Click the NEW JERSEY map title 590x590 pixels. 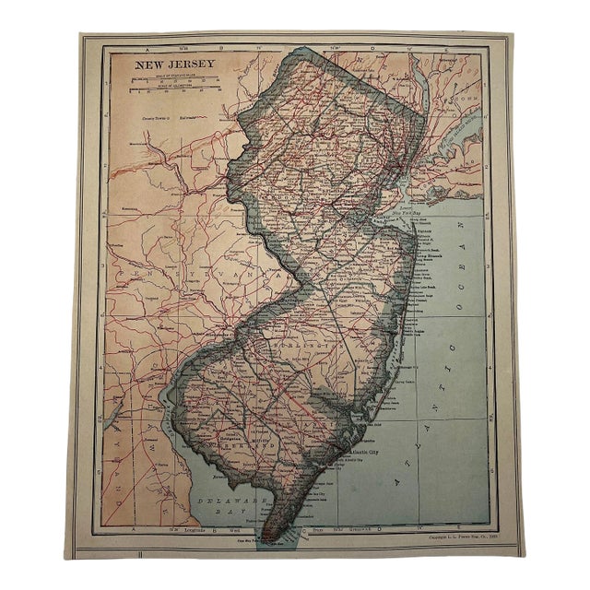click(176, 65)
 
